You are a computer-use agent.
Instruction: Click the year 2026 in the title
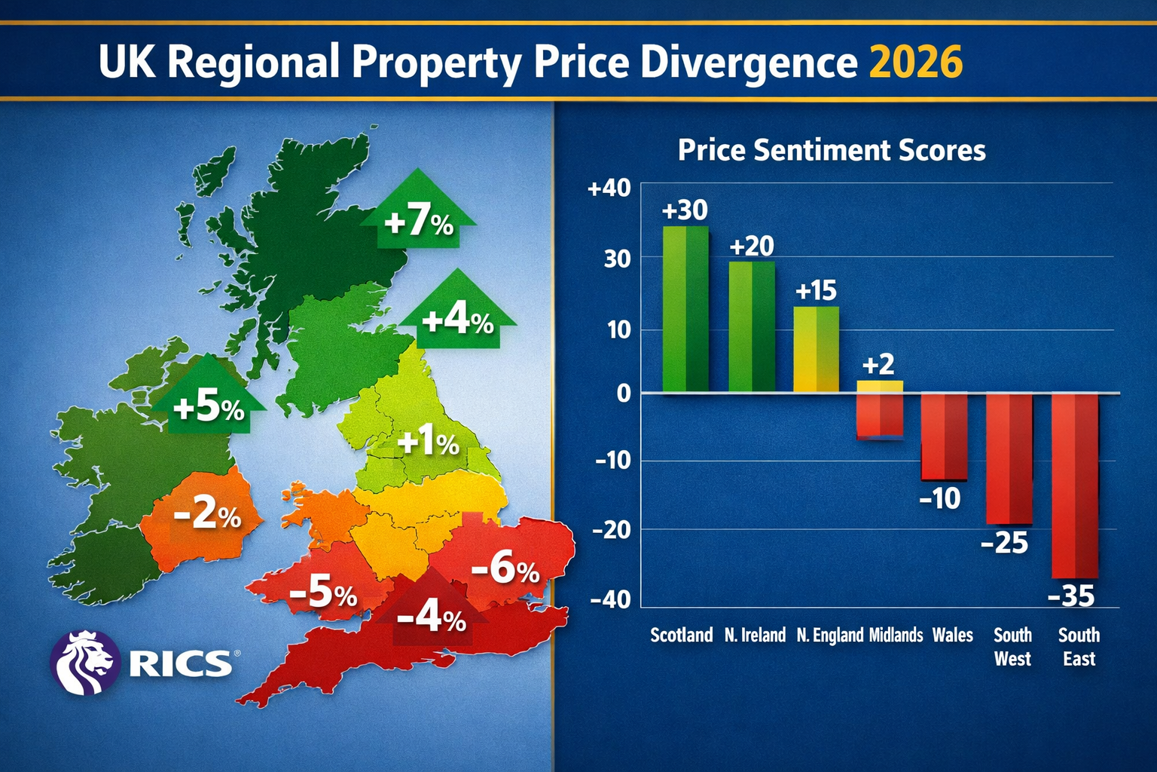coord(916,62)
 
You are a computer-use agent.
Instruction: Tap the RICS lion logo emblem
coord(85,662)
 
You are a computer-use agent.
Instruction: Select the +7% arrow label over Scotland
coord(419,222)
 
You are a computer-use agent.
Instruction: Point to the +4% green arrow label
coord(457,321)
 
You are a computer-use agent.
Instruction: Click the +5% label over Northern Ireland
coord(209,408)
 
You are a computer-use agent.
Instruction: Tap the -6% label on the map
coord(505,568)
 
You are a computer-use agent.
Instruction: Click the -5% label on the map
coord(322,593)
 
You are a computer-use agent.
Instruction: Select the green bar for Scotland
coord(685,309)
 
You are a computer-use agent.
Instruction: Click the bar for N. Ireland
coord(752,326)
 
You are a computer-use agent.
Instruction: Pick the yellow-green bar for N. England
coord(817,349)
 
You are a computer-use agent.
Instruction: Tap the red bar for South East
coord(1075,486)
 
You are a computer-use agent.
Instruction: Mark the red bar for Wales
coord(944,437)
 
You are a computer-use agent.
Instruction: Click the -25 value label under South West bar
coord(1005,543)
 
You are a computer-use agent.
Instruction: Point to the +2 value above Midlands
coord(878,365)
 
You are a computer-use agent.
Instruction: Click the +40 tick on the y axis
coord(609,188)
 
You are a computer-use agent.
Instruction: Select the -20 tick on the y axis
coord(611,530)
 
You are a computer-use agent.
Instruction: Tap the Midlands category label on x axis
coord(896,636)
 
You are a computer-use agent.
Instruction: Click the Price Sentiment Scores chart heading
coord(832,150)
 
